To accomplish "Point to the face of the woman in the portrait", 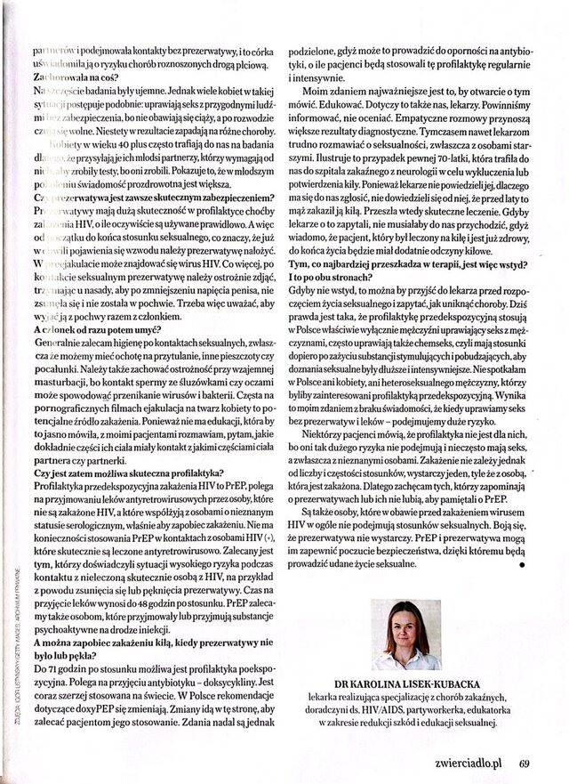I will point(410,624).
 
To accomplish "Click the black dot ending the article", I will point(521,564).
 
